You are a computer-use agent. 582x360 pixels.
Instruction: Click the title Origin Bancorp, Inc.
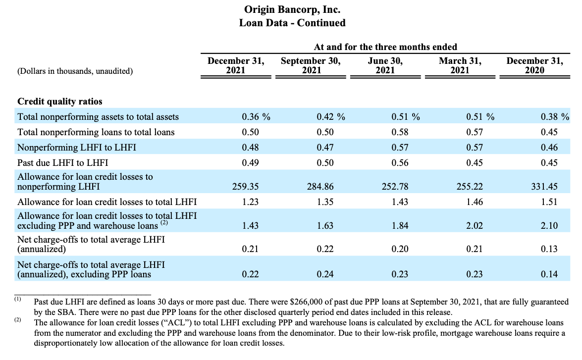[x=292, y=9]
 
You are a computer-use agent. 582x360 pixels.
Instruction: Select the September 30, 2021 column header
[x=311, y=65]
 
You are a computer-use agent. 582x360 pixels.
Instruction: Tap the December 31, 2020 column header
[x=534, y=65]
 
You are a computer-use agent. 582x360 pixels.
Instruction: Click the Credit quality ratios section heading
[x=60, y=102]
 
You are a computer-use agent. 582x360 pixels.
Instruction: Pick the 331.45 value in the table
[x=544, y=186]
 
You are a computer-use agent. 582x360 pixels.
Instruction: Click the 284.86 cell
[x=320, y=186]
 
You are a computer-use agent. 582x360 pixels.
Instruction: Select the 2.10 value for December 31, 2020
[x=549, y=226]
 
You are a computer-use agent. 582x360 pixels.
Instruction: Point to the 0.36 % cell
[x=256, y=117]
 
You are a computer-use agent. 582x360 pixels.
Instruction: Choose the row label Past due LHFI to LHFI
[x=63, y=162]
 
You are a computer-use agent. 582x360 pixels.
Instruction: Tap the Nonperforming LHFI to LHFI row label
[x=77, y=148]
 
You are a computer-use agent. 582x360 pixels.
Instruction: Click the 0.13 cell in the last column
[x=549, y=249]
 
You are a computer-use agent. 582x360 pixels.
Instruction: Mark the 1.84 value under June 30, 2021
[x=400, y=226]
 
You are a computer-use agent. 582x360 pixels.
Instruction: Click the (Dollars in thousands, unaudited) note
[x=75, y=71]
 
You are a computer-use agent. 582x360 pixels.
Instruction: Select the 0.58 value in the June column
[x=400, y=132]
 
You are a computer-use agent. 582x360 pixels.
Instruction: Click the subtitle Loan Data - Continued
[x=292, y=23]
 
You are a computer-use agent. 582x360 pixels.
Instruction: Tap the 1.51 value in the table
[x=549, y=202]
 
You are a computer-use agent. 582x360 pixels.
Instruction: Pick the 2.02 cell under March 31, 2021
[x=475, y=226]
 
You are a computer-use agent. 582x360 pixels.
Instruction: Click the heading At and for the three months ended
[x=385, y=47]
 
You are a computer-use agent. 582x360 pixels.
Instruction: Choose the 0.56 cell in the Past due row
[x=400, y=162]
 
